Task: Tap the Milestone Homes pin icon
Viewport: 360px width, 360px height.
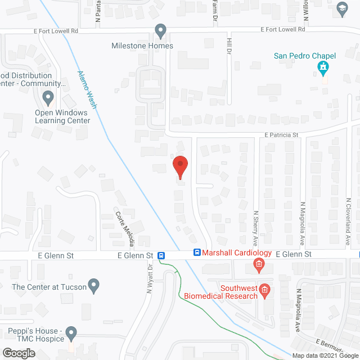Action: tap(161, 31)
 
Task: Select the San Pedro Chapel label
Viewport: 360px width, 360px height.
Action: tap(304, 56)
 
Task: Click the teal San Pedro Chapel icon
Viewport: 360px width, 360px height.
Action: tap(323, 69)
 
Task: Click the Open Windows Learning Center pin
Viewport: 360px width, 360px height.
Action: tap(48, 99)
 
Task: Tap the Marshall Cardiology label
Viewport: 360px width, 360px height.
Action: tap(237, 254)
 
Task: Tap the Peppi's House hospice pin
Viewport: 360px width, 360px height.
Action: tap(71, 333)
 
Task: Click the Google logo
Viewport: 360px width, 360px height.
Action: tap(18, 353)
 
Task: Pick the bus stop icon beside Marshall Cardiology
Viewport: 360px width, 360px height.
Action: tap(197, 254)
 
